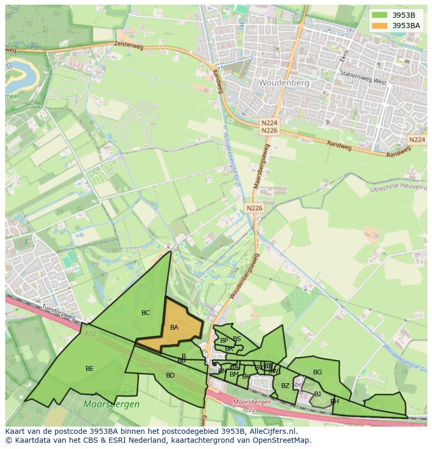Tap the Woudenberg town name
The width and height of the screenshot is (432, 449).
click(284, 83)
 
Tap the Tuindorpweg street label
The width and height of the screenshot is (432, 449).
click(58, 312)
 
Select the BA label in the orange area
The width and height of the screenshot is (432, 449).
click(174, 327)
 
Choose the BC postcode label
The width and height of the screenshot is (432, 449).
click(146, 313)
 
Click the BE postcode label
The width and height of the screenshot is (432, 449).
click(90, 369)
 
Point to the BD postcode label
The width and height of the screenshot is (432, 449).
click(170, 375)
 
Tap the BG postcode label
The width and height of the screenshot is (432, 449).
click(317, 372)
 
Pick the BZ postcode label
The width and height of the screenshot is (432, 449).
click(285, 386)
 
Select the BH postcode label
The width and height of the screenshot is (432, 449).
click(334, 402)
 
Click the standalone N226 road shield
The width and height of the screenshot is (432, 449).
click(255, 208)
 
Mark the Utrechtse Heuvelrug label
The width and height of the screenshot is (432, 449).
click(399, 188)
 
